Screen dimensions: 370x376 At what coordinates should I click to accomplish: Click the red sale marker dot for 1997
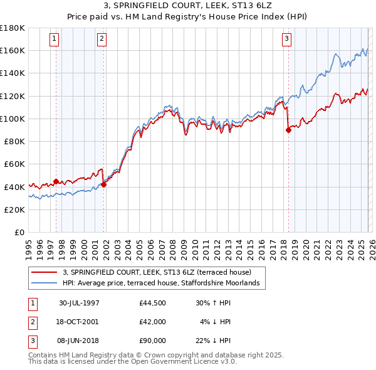coord(56,182)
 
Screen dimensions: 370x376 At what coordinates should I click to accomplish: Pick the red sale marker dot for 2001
coord(103,184)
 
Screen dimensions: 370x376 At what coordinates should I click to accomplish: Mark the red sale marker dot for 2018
coord(288,130)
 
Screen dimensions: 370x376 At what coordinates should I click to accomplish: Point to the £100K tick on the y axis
coord(13,119)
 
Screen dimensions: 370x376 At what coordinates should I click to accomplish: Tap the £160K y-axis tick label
coord(13,50)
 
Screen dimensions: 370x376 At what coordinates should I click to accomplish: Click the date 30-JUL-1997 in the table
coord(79,302)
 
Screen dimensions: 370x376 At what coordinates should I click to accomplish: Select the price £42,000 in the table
coord(153,322)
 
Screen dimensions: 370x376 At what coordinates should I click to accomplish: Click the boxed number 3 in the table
coord(31,341)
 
